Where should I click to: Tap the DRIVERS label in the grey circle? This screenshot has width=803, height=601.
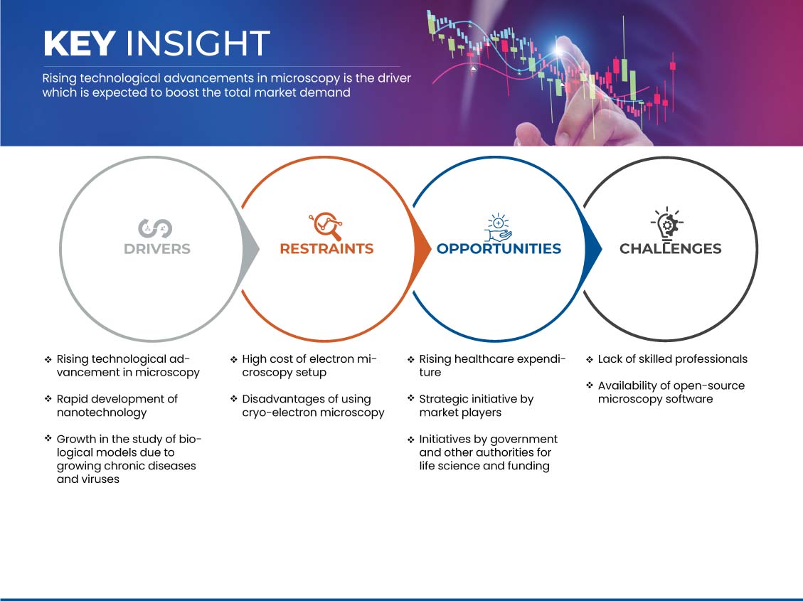click(157, 249)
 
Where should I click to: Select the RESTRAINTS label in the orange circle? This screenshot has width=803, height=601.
click(326, 249)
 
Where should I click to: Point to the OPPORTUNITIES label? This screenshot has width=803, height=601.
click(499, 249)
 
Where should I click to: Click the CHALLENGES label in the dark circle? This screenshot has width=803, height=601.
click(671, 249)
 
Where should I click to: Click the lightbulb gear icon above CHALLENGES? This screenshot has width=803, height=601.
click(667, 224)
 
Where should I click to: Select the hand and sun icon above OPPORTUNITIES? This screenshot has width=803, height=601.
click(499, 228)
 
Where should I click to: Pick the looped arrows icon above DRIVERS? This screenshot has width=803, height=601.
click(155, 228)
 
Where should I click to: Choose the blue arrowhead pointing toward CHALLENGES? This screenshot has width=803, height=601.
click(593, 249)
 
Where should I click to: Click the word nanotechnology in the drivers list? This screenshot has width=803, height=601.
click(102, 413)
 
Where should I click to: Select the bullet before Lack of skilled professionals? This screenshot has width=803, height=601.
click(590, 360)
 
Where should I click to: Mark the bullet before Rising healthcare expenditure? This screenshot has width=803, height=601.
click(410, 360)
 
